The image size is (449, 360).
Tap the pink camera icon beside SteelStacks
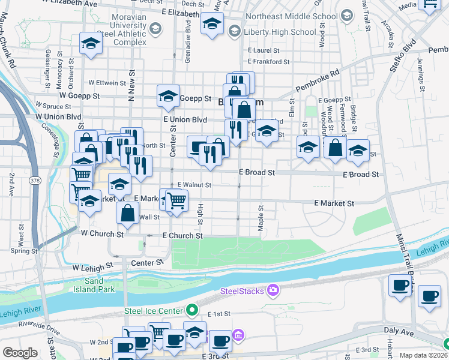pos(274,291)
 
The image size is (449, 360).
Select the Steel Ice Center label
pos(153,310)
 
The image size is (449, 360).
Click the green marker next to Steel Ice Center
pos(191,310)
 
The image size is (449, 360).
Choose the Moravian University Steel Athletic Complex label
pos(121,34)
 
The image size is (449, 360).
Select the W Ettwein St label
pos(106,82)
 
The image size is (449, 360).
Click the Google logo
pos(20,353)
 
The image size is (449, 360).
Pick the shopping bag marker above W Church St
pos(128,212)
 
